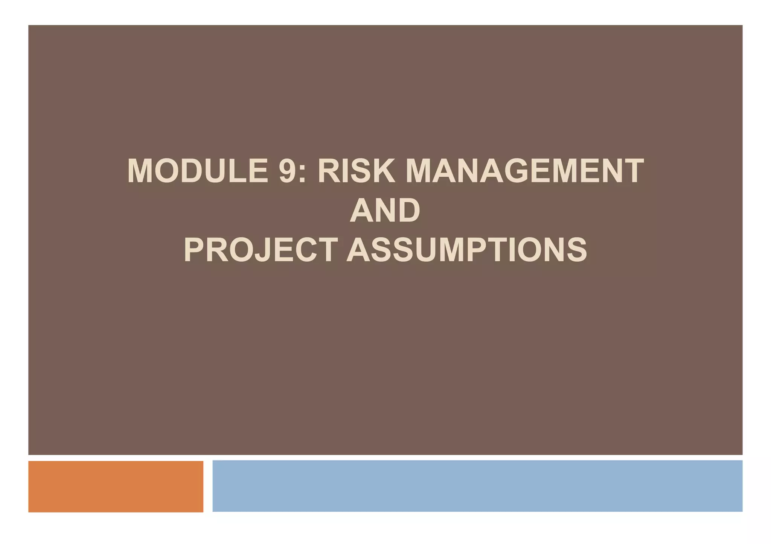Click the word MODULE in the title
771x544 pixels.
click(198, 171)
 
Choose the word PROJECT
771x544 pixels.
click(260, 250)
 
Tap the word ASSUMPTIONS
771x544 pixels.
click(466, 250)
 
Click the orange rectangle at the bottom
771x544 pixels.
click(116, 486)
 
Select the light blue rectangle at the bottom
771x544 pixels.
click(477, 486)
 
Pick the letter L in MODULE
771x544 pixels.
click(237, 171)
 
